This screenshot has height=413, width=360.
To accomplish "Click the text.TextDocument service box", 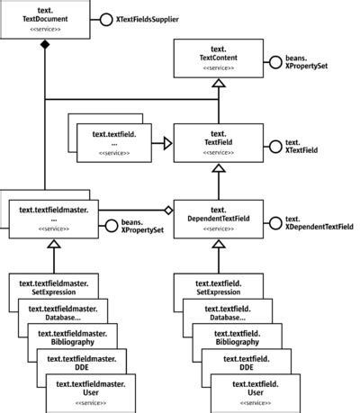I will [46, 19].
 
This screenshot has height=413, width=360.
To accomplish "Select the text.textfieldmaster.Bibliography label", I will [72, 337].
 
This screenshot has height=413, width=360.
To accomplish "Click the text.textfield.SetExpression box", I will [217, 288].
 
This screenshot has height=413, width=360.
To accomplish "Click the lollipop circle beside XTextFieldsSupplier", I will [106, 19].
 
